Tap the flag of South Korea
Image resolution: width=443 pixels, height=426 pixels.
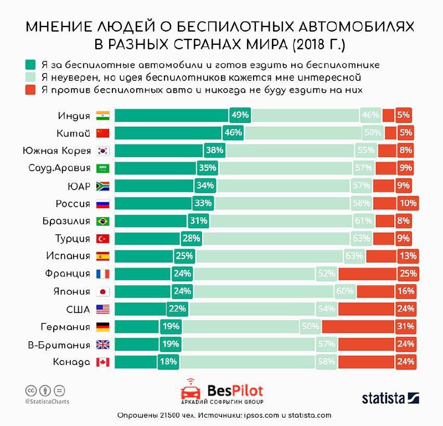click(x=103, y=150)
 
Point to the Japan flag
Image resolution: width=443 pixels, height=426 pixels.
click(x=103, y=291)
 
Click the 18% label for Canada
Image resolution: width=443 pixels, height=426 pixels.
click(x=168, y=362)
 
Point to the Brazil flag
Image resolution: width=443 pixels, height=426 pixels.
click(x=103, y=221)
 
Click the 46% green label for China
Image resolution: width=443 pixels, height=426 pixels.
click(x=233, y=133)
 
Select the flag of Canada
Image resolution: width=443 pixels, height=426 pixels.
click(x=103, y=362)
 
